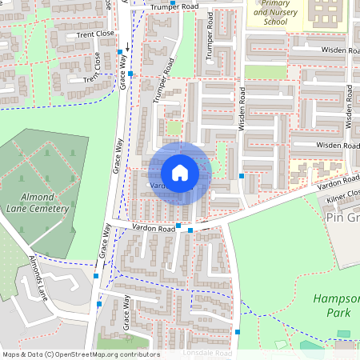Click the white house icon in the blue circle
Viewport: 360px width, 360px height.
coord(180,172)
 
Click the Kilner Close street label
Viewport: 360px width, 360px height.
coord(344,193)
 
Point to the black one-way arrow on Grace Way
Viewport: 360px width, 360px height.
coord(126,48)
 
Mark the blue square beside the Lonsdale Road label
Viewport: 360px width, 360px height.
coord(238,331)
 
